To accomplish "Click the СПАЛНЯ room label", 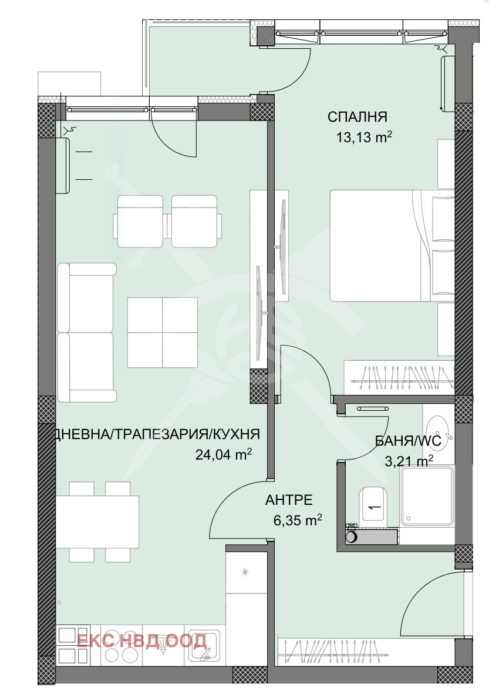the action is [357, 117].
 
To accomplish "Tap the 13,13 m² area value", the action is [364, 136].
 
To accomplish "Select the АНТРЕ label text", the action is [288, 500].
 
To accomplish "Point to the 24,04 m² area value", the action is [224, 454].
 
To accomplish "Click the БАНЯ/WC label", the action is [409, 441].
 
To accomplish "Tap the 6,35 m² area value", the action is [297, 520].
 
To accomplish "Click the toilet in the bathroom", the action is [373, 504].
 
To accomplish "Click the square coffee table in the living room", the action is [162, 332].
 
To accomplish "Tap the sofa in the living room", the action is [86, 332].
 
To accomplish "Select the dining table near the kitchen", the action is [97, 522].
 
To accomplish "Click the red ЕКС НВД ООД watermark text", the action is [141, 641].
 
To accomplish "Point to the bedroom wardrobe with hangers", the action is [399, 377].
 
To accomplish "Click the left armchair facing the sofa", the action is [140, 221].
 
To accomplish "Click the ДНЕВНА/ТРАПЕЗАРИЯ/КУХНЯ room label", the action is [157, 434].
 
